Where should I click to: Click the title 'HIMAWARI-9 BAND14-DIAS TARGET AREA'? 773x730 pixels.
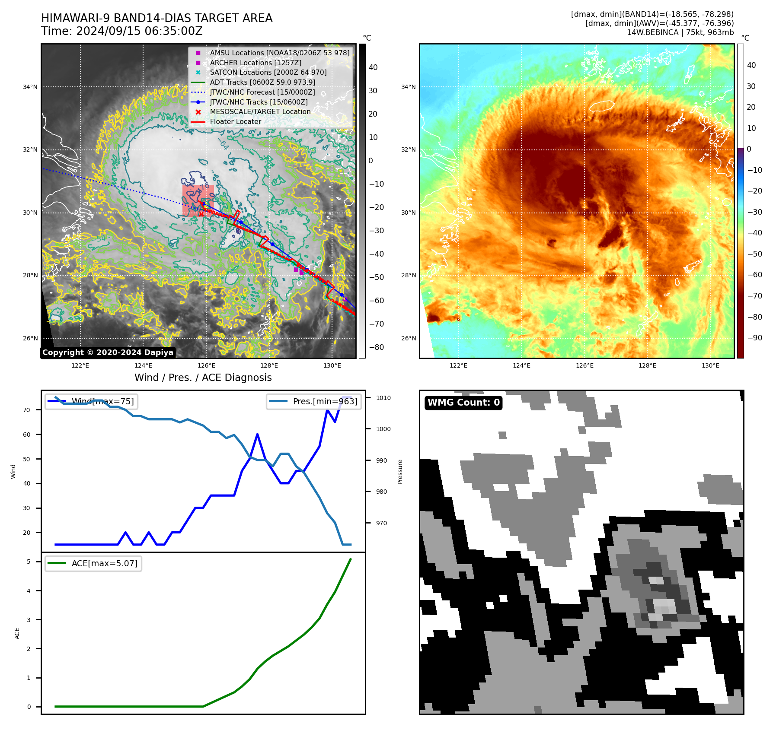(x=157, y=19)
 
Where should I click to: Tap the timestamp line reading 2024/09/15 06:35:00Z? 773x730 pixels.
(x=122, y=32)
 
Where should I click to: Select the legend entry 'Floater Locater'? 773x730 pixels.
(x=235, y=122)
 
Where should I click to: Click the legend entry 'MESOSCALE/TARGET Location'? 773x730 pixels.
(x=260, y=112)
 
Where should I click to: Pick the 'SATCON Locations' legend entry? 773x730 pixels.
(x=268, y=73)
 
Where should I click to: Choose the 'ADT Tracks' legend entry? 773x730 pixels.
(x=262, y=83)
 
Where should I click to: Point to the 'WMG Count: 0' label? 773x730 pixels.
(x=463, y=403)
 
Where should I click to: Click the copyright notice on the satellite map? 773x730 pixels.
(x=108, y=352)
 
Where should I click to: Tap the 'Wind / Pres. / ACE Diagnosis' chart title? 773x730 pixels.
(x=203, y=378)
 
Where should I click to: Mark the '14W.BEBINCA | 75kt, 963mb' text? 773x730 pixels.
(x=680, y=32)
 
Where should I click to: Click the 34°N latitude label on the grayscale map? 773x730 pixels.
(x=30, y=87)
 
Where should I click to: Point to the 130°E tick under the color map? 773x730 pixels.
(x=710, y=366)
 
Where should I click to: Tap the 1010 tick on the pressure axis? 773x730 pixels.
(x=383, y=398)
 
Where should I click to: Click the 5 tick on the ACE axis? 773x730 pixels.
(x=29, y=562)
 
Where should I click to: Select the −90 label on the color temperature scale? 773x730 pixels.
(x=755, y=338)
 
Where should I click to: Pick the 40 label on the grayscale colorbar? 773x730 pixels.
(x=373, y=67)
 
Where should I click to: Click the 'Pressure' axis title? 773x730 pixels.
(x=400, y=472)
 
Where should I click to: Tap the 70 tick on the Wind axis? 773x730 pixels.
(x=27, y=410)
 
